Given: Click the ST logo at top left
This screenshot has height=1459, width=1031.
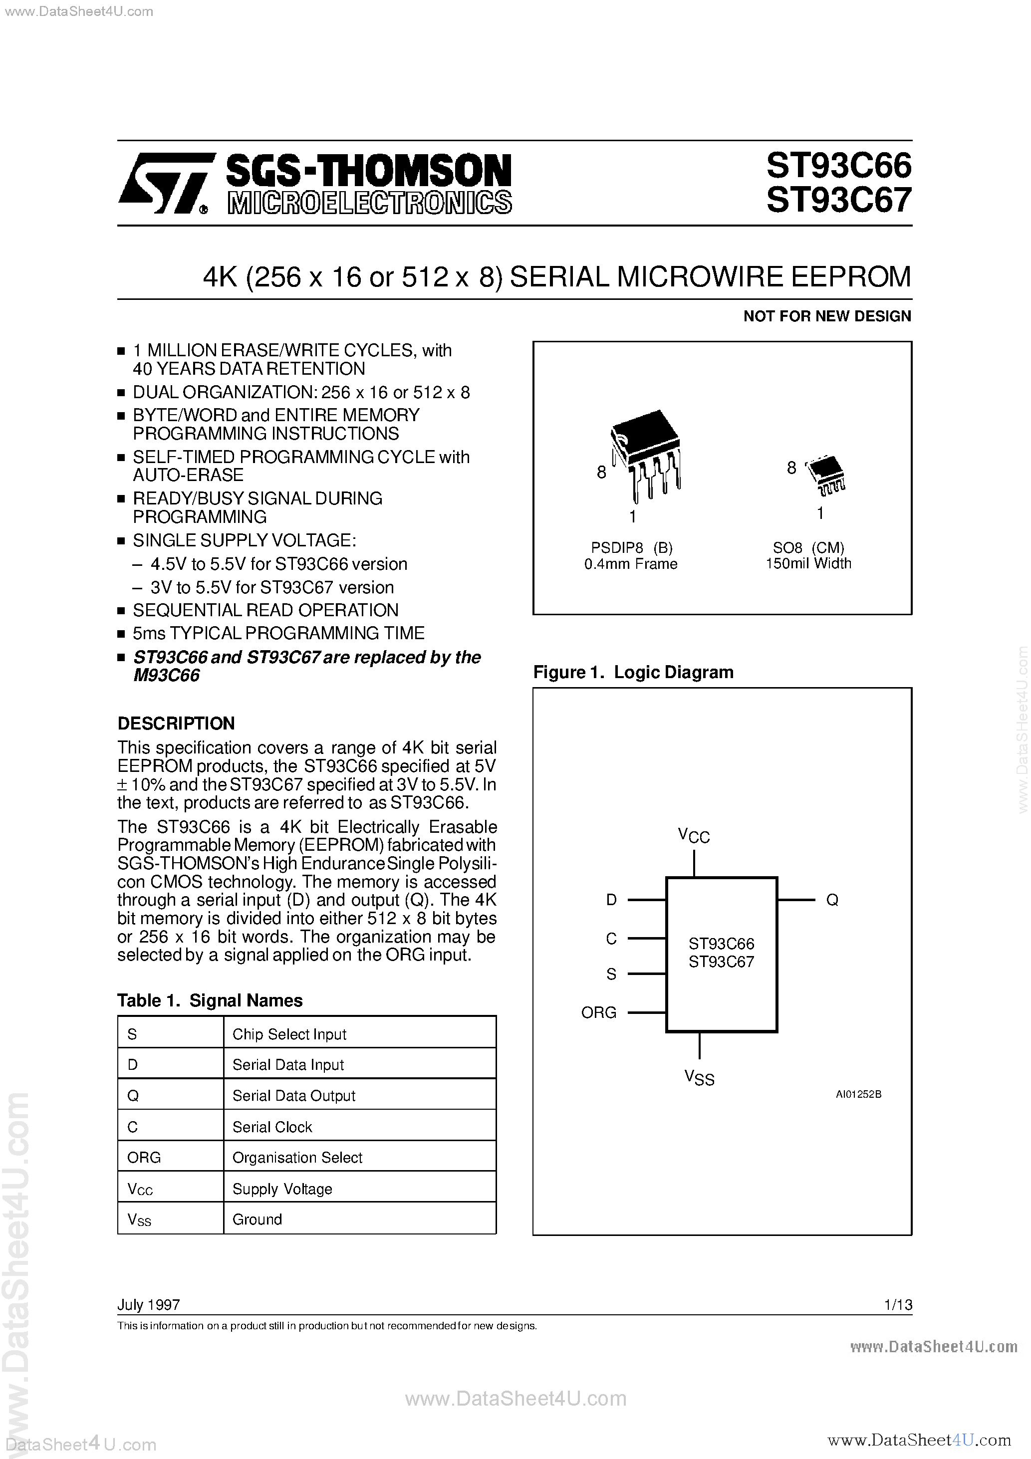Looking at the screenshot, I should (x=164, y=183).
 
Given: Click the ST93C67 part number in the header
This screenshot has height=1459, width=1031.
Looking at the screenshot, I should (x=838, y=200).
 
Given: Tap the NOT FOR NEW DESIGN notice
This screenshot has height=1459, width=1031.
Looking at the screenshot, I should (x=827, y=316).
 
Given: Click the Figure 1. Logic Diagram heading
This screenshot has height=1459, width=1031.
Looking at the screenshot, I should (x=633, y=672).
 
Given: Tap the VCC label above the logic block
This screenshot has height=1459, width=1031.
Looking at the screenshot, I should (x=694, y=836).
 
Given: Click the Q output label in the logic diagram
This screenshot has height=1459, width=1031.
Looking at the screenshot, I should (x=832, y=900).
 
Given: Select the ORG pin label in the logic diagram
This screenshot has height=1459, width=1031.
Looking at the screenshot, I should (x=599, y=1012).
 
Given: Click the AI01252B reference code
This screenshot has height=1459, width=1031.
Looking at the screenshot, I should (x=858, y=1094).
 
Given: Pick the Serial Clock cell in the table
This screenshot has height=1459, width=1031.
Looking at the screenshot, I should (x=272, y=1127).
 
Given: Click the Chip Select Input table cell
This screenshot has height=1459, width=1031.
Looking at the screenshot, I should (x=289, y=1034).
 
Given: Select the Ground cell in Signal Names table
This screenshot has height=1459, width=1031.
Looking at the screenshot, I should (x=257, y=1219).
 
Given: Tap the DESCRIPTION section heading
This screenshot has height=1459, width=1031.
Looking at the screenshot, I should (x=176, y=723).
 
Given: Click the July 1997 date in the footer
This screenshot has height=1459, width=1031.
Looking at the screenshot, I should (x=149, y=1305).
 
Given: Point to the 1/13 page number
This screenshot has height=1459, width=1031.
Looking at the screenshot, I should (x=898, y=1305).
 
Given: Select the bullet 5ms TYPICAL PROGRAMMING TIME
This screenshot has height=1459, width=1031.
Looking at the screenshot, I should (x=278, y=633).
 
